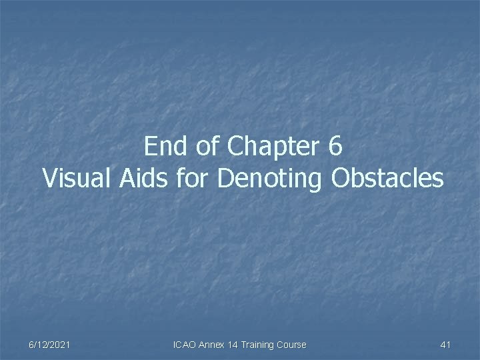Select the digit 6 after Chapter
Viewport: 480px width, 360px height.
click(335, 147)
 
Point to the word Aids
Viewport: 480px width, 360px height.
click(140, 178)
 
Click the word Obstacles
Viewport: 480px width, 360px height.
click(387, 178)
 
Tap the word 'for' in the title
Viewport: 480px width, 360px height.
click(191, 178)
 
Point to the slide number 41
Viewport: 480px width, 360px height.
click(446, 345)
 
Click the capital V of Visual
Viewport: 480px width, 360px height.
click(49, 178)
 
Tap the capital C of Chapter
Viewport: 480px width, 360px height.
click(235, 147)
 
